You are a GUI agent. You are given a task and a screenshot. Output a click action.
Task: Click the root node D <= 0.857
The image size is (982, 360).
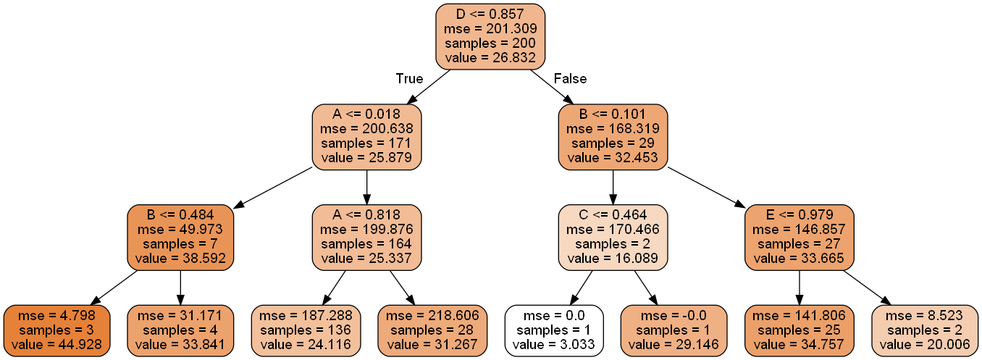pyautogui.click(x=490, y=35)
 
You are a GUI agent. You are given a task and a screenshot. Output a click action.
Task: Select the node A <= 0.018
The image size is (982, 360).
pyautogui.click(x=366, y=135)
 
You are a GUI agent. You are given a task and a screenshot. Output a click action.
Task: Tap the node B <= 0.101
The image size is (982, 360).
pyautogui.click(x=613, y=135)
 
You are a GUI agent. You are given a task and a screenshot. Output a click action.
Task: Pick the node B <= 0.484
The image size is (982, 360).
pyautogui.click(x=181, y=237)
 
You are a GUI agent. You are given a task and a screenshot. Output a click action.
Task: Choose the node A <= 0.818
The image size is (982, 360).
pyautogui.click(x=366, y=237)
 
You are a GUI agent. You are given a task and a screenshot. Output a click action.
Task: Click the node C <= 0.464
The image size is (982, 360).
pyautogui.click(x=613, y=237)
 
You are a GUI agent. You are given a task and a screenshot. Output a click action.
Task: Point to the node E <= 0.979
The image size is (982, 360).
pyautogui.click(x=800, y=237)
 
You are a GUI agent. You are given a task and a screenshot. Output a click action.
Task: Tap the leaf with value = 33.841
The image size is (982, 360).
pyautogui.click(x=181, y=330)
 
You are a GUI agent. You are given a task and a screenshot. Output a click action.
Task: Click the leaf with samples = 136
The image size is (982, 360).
pyautogui.click(x=305, y=330)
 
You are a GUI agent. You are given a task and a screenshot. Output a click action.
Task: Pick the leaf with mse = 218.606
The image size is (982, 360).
pyautogui.click(x=432, y=330)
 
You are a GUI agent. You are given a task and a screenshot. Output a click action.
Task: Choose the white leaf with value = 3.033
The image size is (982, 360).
pyautogui.click(x=554, y=330)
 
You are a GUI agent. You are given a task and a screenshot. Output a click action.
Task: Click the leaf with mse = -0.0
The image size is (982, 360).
pyautogui.click(x=675, y=330)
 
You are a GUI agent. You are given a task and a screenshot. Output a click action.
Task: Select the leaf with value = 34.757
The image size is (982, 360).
pyautogui.click(x=800, y=330)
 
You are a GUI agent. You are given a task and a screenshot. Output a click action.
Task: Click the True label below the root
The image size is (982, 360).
pyautogui.click(x=409, y=78)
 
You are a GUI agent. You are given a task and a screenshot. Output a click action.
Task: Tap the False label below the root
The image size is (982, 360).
pyautogui.click(x=570, y=78)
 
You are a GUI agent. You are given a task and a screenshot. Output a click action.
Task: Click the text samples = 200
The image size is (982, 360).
pyautogui.click(x=490, y=43)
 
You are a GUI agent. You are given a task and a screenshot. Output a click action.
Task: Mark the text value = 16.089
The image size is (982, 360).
pyautogui.click(x=613, y=258)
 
